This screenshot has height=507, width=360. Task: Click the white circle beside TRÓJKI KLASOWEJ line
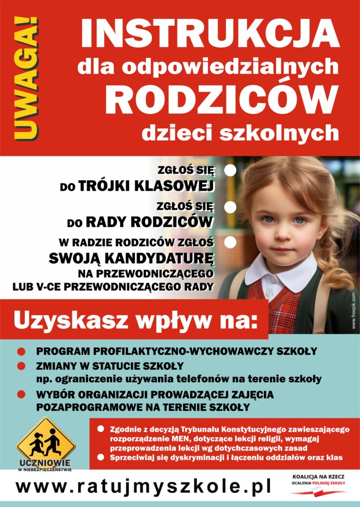(230, 171)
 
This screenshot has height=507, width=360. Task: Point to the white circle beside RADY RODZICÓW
(230, 206)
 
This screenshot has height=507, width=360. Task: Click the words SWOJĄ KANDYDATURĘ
(131, 258)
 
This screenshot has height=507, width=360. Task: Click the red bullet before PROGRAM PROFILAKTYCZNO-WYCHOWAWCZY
(21, 352)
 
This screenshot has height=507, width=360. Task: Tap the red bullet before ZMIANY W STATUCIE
(21, 366)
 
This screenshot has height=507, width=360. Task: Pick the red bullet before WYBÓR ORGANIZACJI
(21, 395)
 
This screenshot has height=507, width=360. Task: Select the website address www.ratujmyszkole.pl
(143, 486)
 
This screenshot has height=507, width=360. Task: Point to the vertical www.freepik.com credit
(354, 310)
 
